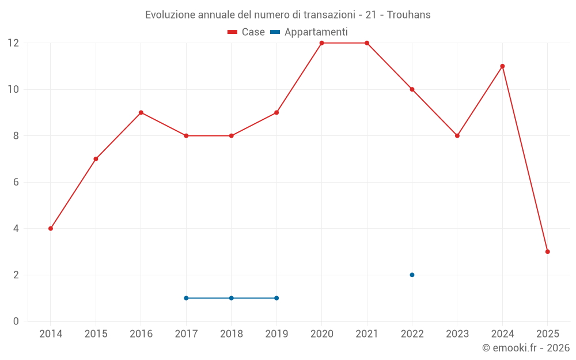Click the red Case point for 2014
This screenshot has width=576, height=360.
pyautogui.click(x=51, y=229)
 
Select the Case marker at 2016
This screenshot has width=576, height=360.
pyautogui.click(x=141, y=113)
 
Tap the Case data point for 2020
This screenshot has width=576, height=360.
pyautogui.click(x=321, y=43)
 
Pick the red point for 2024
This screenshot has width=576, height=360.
pyautogui.click(x=502, y=66)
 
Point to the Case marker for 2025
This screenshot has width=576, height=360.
pyautogui.click(x=547, y=252)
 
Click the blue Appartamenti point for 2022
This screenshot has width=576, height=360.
pyautogui.click(x=412, y=275)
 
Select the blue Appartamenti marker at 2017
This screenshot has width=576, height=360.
pyautogui.click(x=186, y=298)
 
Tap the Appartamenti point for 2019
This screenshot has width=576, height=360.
pyautogui.click(x=276, y=298)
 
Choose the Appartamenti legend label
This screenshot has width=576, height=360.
pyautogui.click(x=316, y=32)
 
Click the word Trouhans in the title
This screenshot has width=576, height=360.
pyautogui.click(x=408, y=15)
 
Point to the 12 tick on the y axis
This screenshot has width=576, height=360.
pyautogui.click(x=13, y=43)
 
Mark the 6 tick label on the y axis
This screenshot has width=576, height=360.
pyautogui.click(x=16, y=182)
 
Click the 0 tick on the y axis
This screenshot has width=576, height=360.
pyautogui.click(x=16, y=321)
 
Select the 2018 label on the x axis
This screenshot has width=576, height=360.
pyautogui.click(x=231, y=334)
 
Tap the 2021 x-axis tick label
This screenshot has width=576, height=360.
pyautogui.click(x=367, y=334)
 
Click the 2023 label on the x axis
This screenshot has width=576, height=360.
pyautogui.click(x=457, y=334)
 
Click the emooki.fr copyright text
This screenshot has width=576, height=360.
pyautogui.click(x=525, y=348)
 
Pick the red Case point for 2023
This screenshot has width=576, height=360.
pyautogui.click(x=457, y=136)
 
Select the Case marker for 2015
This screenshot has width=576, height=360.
pyautogui.click(x=96, y=159)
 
